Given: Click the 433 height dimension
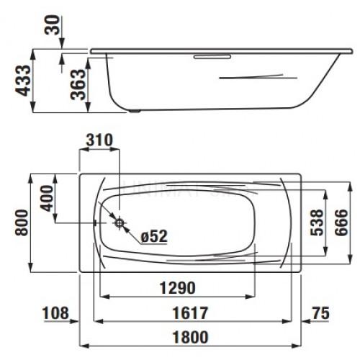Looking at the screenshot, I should (22, 81).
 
